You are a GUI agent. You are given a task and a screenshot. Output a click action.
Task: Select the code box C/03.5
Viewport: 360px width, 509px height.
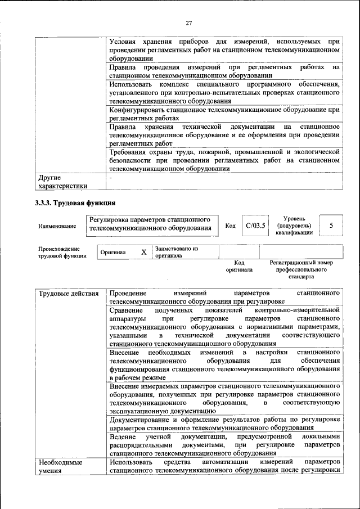click(x=255, y=226)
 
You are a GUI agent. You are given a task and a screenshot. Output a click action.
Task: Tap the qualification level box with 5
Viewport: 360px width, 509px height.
click(x=331, y=226)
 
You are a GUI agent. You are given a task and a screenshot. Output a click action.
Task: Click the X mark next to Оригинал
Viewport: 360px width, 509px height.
click(x=143, y=253)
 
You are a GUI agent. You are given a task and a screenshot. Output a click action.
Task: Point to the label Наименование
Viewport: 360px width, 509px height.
click(x=57, y=226)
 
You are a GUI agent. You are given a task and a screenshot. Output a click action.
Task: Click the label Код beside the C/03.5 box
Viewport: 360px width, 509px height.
click(x=230, y=226)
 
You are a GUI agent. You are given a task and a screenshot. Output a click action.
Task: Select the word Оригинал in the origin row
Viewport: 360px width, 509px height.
click(x=113, y=253)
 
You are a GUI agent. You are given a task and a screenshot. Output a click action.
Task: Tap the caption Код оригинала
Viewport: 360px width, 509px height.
click(x=239, y=266)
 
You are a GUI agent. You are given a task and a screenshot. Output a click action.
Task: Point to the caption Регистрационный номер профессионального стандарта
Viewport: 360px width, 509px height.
click(x=301, y=269)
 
